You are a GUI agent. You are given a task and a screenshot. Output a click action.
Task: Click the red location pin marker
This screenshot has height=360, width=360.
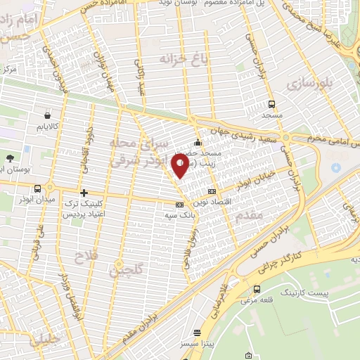pos(180,164)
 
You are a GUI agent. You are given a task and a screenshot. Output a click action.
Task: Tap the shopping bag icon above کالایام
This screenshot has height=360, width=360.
pos(46,115)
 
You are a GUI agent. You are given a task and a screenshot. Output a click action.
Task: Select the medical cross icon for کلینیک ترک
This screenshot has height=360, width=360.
pos(84,192)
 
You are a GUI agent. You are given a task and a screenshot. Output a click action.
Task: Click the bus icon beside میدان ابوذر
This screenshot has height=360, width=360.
pos(37,188)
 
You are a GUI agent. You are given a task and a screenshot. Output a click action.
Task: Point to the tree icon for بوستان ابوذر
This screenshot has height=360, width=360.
pos(10,158)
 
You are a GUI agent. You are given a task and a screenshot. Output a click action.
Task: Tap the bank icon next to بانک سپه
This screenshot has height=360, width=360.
pos(179,206)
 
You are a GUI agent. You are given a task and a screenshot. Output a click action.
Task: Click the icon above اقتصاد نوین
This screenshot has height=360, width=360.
pos(212,192)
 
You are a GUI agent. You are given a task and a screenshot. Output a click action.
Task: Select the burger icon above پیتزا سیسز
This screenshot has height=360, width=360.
pos(198,333)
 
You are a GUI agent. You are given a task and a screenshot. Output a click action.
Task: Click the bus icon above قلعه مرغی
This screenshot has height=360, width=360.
pos(256,288)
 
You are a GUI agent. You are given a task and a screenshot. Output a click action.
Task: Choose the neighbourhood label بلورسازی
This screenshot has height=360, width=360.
pos(307,84)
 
